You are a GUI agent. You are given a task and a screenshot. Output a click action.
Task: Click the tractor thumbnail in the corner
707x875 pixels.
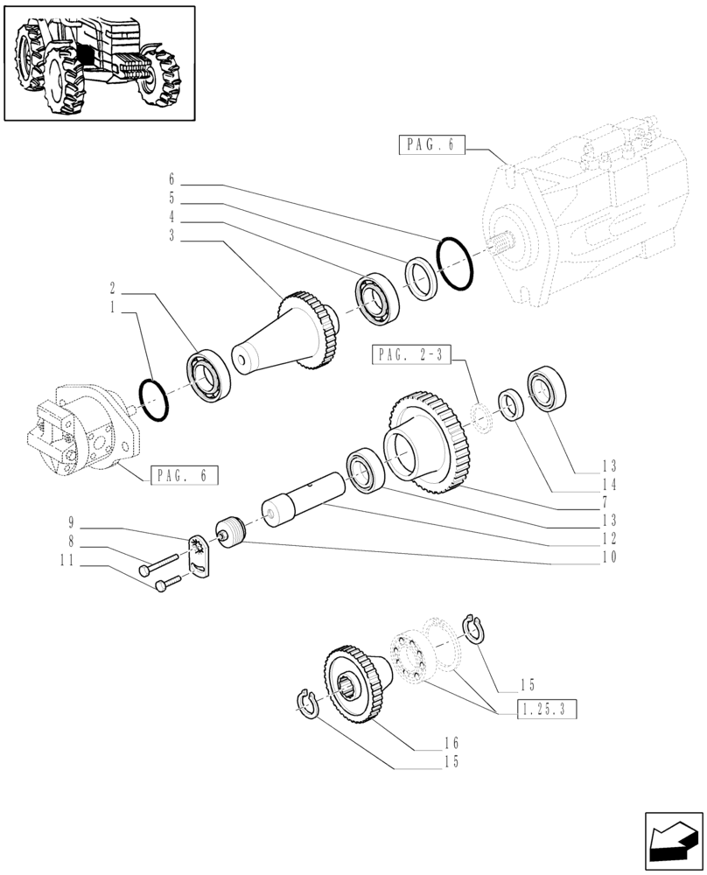[x=99, y=62]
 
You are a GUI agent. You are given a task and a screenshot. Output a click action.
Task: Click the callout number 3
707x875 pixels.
[x=172, y=235]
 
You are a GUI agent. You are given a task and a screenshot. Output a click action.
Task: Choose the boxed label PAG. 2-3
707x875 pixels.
[x=414, y=354]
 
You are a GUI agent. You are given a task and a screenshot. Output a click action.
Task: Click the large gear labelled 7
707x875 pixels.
[x=431, y=444]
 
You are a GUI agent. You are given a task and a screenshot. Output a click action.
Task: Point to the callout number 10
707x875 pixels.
[x=608, y=556]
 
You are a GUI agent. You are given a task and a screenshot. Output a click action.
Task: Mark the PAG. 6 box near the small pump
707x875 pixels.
[x=183, y=476]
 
